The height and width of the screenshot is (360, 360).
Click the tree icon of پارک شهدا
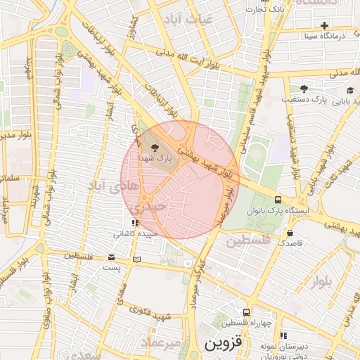pos(155,147)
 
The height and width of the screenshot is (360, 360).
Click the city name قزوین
pos(224,345)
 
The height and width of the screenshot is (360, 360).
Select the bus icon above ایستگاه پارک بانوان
pos(279,200)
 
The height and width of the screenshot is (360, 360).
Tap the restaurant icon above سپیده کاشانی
pos(135,223)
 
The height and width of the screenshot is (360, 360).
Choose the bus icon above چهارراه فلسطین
pos(246,312)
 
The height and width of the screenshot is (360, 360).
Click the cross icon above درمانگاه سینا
pos(324,25)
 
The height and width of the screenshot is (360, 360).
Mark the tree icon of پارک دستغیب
pos(304,89)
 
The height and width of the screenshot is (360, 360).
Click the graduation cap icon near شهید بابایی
pos(350,90)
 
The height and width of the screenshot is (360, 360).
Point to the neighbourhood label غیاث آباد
pos(187,18)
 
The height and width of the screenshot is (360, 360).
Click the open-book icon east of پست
pos(136,260)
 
